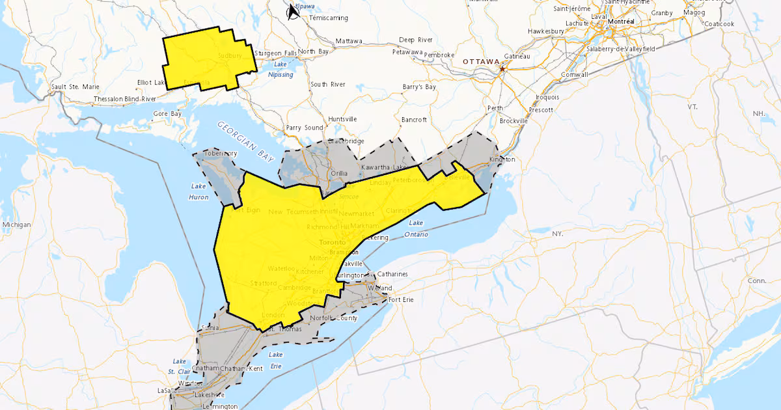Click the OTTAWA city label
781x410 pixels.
tap(480, 61)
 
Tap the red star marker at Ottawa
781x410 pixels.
tap(502, 67)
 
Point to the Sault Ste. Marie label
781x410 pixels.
tap(75, 87)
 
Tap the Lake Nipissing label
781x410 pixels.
tap(281, 70)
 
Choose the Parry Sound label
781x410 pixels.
tap(304, 128)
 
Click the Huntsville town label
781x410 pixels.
tap(342, 119)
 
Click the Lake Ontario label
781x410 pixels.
tap(416, 228)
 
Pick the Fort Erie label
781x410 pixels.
tap(401, 299)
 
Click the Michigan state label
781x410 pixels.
tap(16, 225)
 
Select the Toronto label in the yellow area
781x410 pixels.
tap(333, 242)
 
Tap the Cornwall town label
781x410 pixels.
tap(573, 75)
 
